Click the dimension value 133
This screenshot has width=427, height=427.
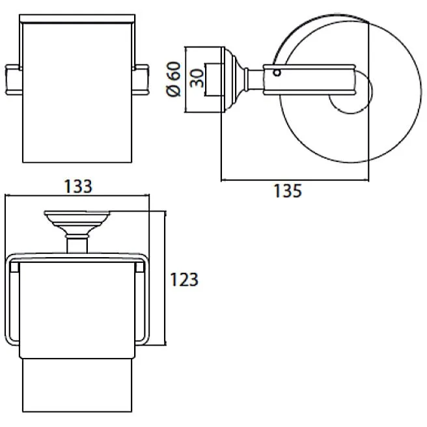78,186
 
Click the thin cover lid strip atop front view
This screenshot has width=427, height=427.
77,23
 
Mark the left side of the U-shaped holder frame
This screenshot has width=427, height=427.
10,299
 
